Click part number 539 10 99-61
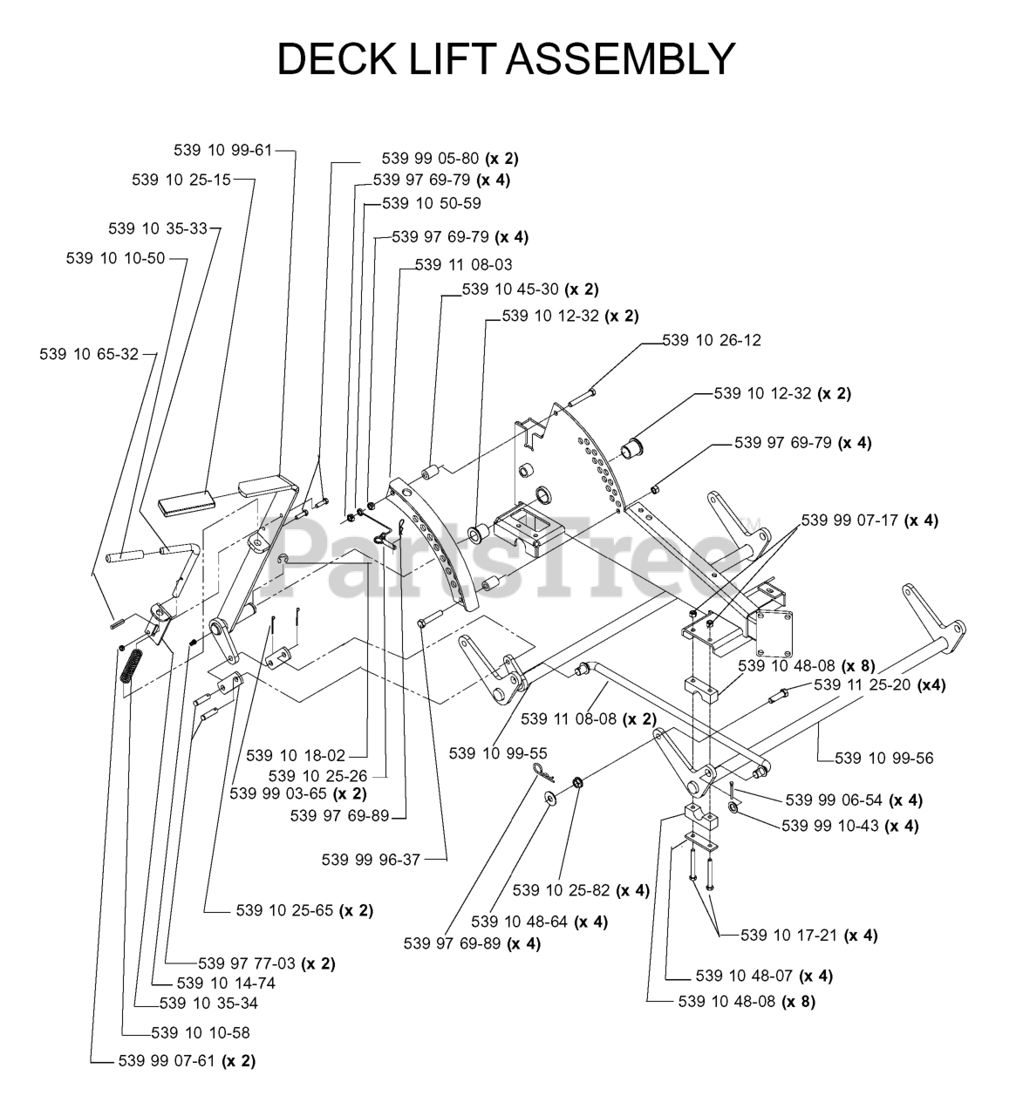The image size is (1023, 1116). [x=222, y=150]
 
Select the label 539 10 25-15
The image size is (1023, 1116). [x=181, y=180]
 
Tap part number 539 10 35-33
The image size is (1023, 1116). [x=158, y=228]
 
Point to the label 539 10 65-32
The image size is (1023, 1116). [x=89, y=354]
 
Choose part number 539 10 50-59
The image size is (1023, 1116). [x=432, y=203]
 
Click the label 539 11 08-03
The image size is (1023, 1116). [x=464, y=264]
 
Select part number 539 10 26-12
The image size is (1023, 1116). [x=712, y=340]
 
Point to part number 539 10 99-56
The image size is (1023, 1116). [x=883, y=758]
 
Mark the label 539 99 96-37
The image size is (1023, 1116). [x=371, y=860]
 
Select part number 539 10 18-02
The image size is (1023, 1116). [x=296, y=755]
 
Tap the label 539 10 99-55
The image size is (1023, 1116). [x=498, y=752]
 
